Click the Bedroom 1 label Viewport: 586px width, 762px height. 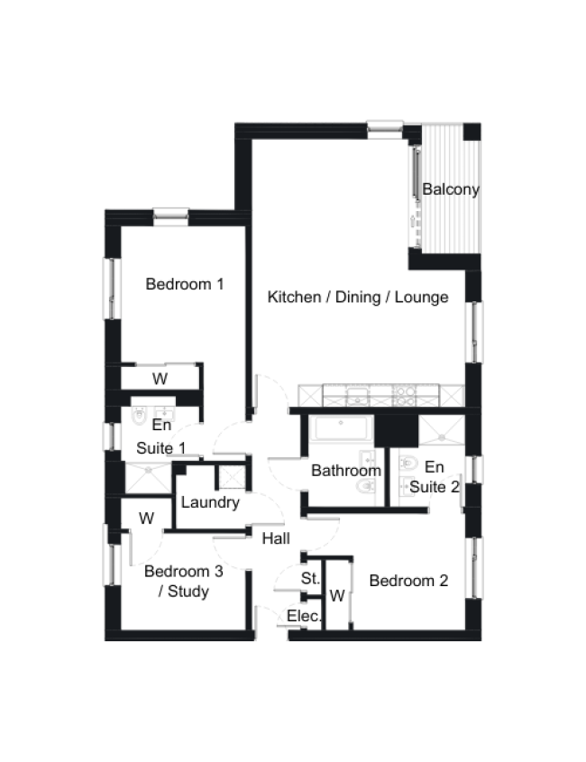(185, 284)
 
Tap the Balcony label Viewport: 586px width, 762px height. (451, 189)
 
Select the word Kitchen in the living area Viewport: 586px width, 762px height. (294, 297)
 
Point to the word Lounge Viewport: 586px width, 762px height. (421, 297)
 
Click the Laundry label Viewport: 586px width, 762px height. (210, 502)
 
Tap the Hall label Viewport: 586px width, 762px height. (276, 538)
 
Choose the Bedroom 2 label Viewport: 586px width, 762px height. (408, 580)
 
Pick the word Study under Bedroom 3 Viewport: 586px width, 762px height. (188, 592)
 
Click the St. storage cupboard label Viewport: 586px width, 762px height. (310, 578)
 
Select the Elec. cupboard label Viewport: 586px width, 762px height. (304, 616)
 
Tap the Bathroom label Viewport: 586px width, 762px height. (346, 471)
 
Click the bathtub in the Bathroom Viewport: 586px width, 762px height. (342, 427)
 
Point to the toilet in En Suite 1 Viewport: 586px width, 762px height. (140, 415)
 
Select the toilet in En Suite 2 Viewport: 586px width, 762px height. (407, 463)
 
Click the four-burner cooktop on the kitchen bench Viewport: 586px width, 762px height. (404, 396)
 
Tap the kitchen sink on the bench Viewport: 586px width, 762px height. (358, 396)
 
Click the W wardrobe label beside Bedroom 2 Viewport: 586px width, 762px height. (337, 595)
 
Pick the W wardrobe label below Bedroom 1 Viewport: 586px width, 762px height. (160, 379)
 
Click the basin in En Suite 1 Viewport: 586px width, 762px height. (165, 414)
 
